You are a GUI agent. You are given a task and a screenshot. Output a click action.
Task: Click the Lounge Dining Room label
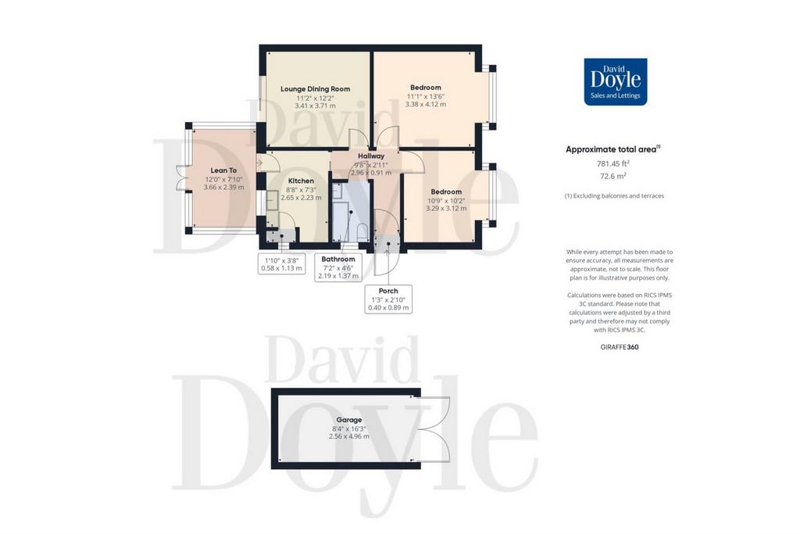[315, 89]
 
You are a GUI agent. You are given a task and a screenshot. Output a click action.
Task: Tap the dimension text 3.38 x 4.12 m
[426, 104]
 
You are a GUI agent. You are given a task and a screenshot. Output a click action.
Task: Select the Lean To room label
[223, 170]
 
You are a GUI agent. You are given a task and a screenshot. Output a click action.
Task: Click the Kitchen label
[301, 181]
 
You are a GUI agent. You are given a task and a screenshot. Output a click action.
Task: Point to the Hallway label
[371, 156]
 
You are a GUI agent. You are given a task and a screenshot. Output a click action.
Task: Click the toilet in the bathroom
[362, 231]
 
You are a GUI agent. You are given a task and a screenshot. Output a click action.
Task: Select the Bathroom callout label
[338, 259]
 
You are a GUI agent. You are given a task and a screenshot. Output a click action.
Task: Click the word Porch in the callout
[388, 291]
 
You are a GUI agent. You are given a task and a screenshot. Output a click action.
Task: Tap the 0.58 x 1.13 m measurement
[281, 268]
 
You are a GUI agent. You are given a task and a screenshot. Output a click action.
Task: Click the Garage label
[349, 420]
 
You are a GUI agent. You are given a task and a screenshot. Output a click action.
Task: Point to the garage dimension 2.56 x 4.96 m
[349, 436]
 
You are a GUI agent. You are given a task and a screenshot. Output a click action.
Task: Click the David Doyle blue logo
[616, 81]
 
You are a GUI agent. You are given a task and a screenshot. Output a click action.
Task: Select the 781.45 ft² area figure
[612, 163]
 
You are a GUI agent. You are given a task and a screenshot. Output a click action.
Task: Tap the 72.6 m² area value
[612, 176]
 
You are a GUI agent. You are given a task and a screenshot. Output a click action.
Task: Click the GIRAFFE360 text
[620, 347]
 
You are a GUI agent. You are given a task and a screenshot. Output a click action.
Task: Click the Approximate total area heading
[612, 149]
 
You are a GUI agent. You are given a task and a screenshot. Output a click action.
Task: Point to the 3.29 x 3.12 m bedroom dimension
[446, 208]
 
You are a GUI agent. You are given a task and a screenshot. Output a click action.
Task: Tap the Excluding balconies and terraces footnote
[614, 195]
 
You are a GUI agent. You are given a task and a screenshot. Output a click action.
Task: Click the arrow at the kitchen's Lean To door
[259, 163]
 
